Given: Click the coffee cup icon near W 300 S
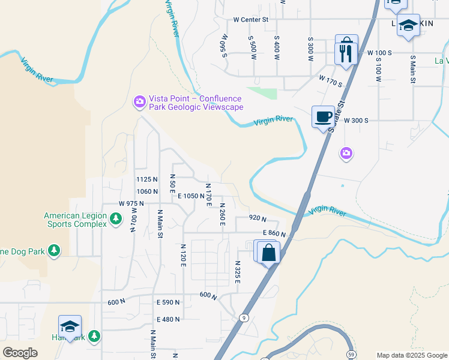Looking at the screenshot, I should click(x=323, y=116).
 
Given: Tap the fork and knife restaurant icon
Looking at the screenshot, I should click(x=346, y=53).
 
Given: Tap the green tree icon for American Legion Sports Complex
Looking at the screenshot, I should click(x=116, y=220).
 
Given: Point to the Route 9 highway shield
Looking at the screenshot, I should click(x=243, y=317).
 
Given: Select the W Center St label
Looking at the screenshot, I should click(x=251, y=19).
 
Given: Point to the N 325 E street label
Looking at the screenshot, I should click(x=238, y=272).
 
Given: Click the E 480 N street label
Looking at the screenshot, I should click(x=168, y=319).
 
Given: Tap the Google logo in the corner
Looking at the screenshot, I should click(x=20, y=352).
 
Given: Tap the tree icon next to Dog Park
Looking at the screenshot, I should click(x=54, y=250).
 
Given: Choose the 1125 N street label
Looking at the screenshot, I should click(x=146, y=179).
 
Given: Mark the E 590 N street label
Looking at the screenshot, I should click(x=167, y=302).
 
